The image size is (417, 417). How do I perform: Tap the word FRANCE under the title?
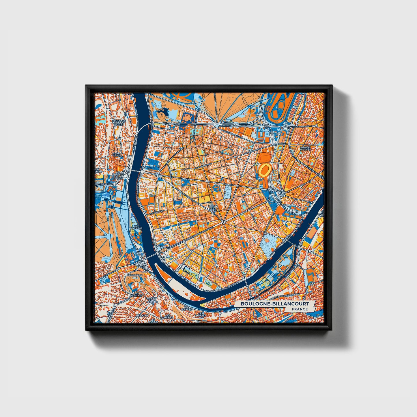300,309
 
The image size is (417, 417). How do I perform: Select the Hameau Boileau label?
305,148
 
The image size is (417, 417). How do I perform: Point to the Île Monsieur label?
136,227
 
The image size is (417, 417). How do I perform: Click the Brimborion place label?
135,275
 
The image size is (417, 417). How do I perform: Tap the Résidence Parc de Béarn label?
119,122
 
